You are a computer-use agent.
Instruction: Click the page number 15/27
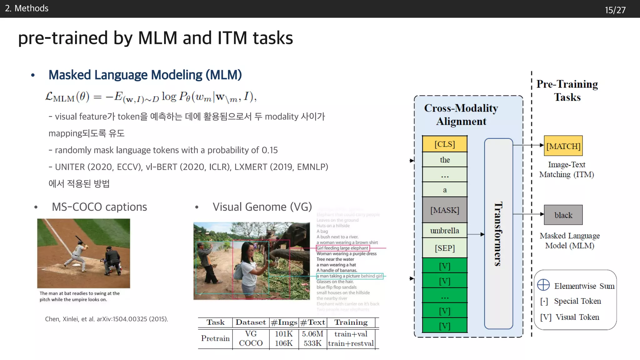[x=615, y=10]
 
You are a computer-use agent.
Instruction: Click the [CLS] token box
[x=444, y=144]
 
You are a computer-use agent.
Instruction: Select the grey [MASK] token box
[x=444, y=210]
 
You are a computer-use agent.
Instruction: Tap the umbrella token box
[x=444, y=231]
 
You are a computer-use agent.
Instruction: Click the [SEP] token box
[x=444, y=248]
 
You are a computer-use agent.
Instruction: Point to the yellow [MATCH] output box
[x=563, y=146]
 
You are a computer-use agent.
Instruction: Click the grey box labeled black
[x=563, y=215]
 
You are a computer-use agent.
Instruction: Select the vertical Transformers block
[x=498, y=233]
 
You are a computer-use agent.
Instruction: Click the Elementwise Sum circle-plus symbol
[x=543, y=285]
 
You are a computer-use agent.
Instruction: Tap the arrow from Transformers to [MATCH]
[x=528, y=145]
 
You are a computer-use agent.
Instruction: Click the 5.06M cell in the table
[x=312, y=334]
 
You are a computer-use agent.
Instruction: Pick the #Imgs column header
[x=284, y=322]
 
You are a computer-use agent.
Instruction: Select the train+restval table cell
[x=351, y=343]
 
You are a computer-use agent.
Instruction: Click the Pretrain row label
[x=215, y=338]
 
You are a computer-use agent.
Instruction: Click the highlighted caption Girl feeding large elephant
[x=342, y=248]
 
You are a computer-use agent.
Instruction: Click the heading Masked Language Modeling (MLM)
[x=145, y=75]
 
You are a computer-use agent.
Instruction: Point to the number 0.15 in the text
[x=269, y=150]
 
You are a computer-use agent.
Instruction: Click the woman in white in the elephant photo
[x=248, y=266]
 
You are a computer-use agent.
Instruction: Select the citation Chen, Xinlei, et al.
[x=106, y=319]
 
